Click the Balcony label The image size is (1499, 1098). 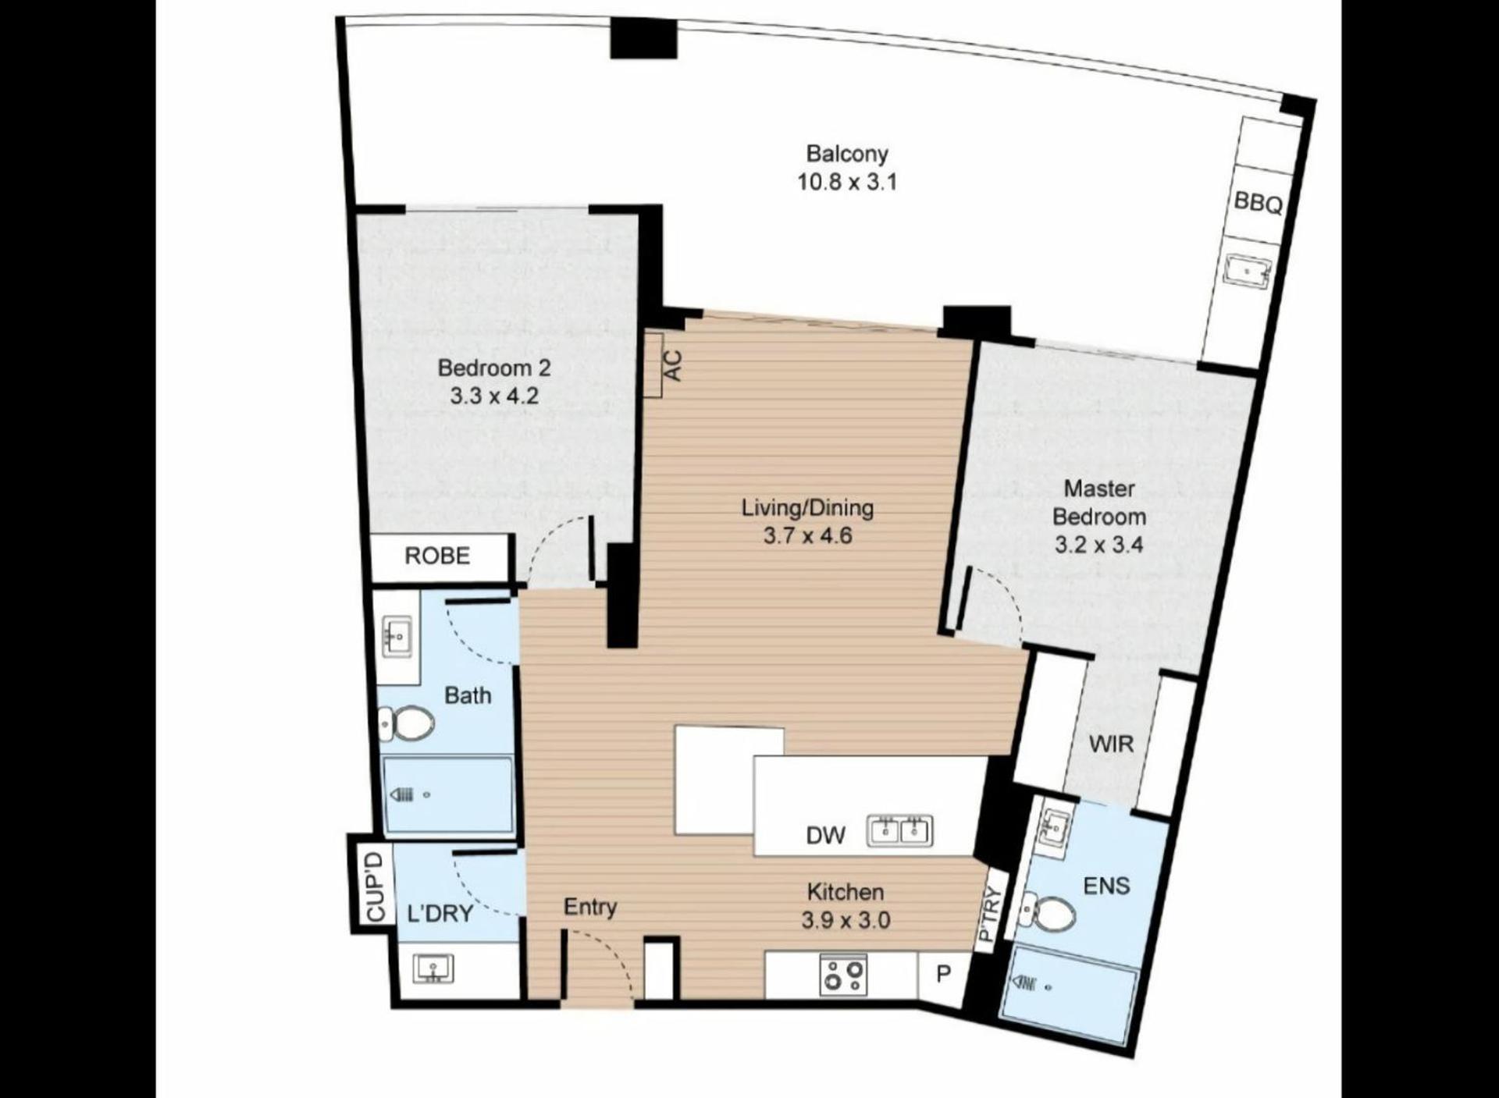[847, 154]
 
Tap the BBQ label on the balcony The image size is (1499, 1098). [1258, 203]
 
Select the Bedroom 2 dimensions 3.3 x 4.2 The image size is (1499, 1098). [494, 396]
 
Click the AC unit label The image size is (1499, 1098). [672, 365]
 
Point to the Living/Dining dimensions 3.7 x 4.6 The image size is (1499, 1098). [807, 536]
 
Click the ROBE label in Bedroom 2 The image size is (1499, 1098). [437, 556]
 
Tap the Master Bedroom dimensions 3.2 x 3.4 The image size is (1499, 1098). [1098, 545]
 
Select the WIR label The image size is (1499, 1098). [1111, 744]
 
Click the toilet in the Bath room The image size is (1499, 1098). [407, 724]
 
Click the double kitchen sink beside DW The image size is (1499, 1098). [900, 831]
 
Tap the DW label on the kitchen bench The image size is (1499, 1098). [825, 836]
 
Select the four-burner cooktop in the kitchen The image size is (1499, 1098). [844, 975]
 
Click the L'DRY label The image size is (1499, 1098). [440, 913]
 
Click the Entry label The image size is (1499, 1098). [590, 907]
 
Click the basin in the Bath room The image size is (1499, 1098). [397, 637]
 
